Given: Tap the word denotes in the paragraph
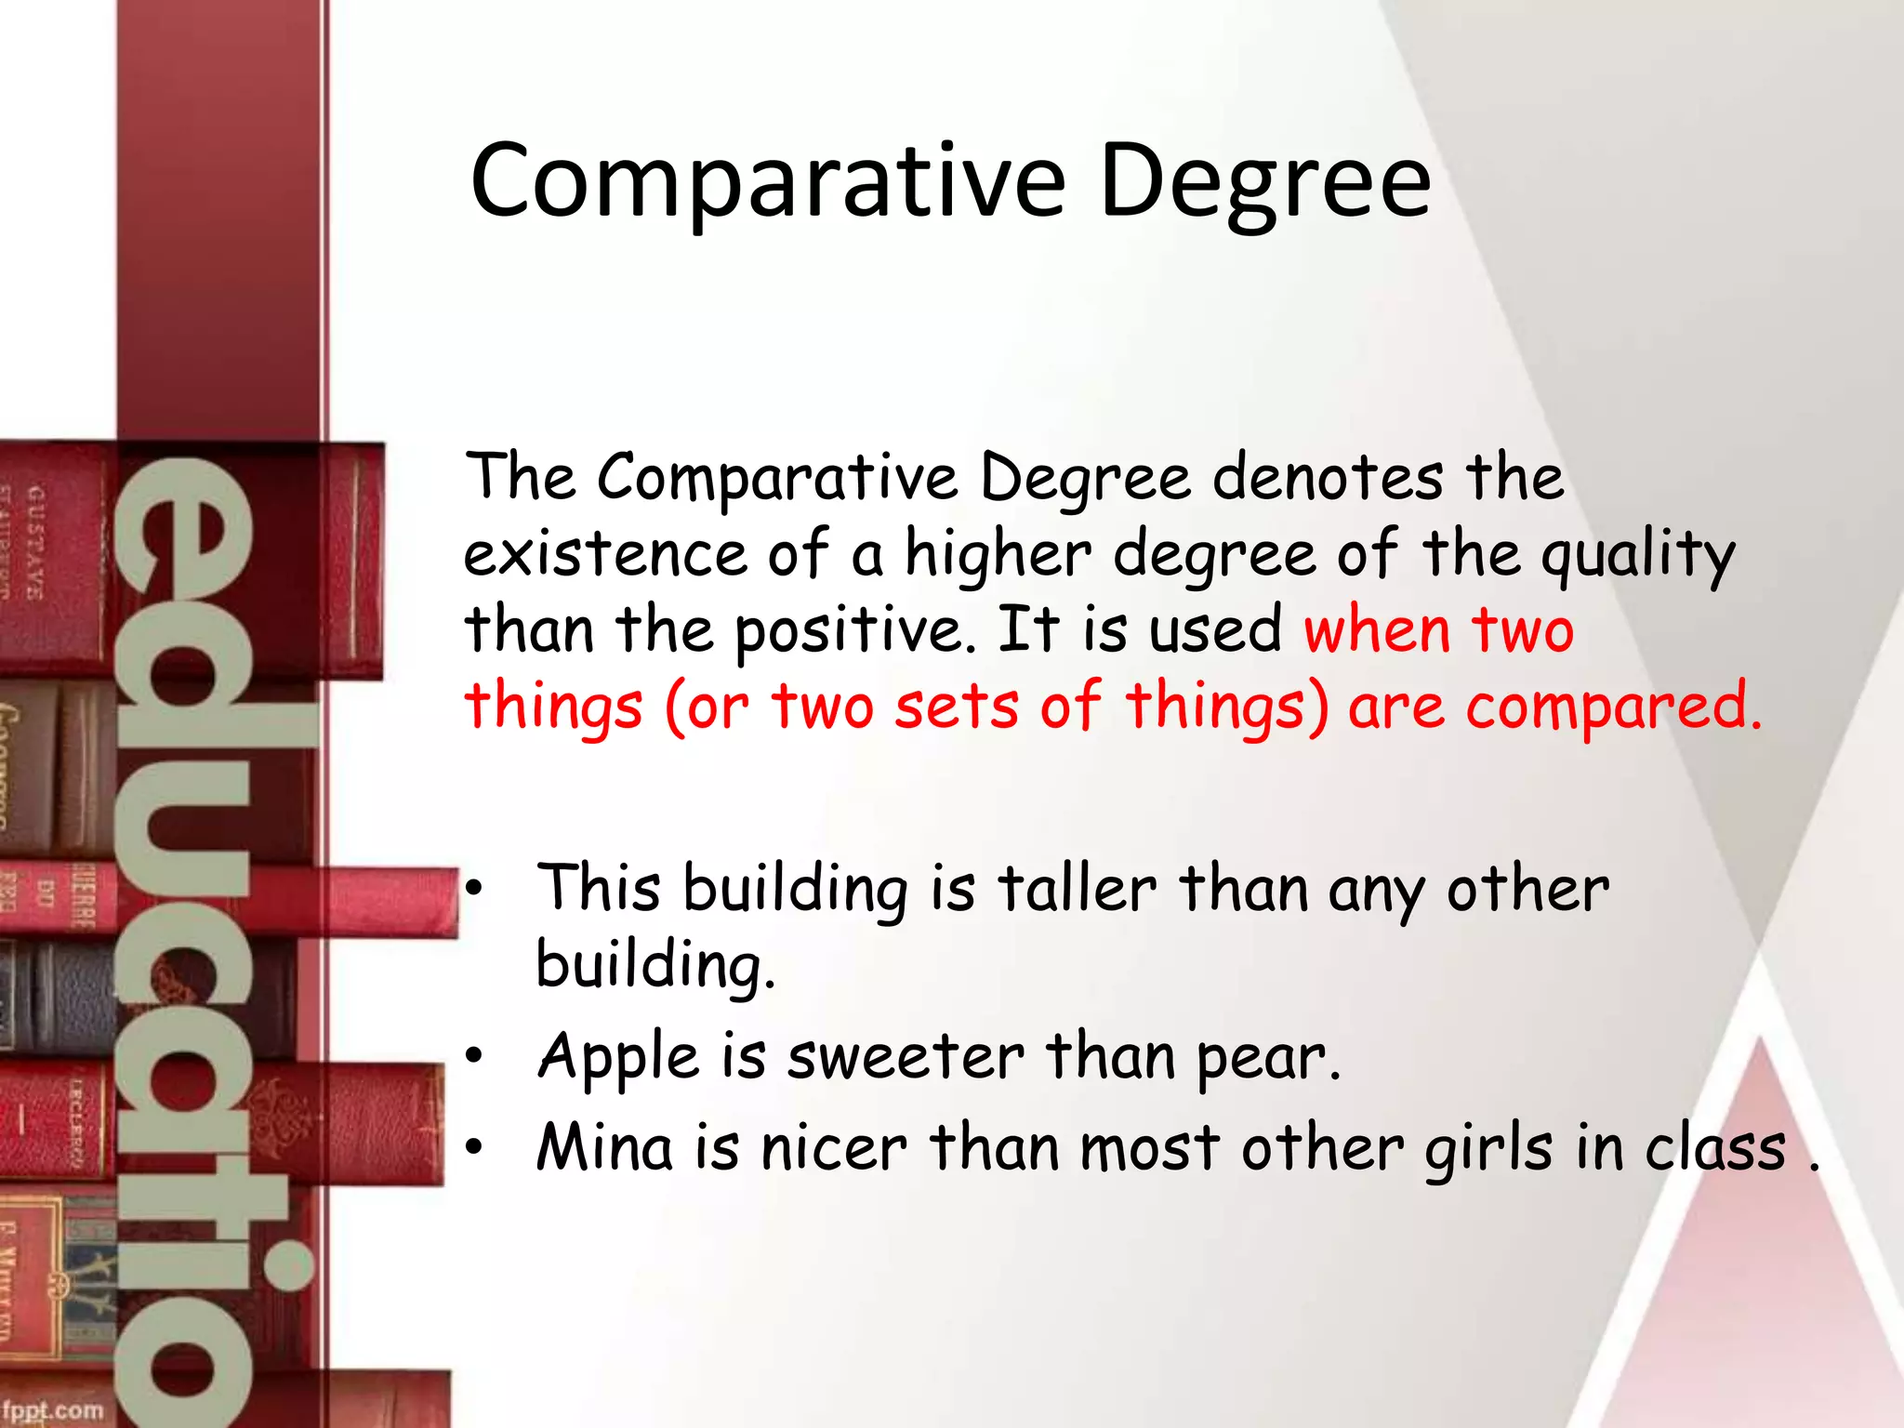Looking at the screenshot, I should tap(1328, 478).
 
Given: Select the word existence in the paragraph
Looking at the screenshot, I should tap(605, 554).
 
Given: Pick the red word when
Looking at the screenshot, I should tap(1377, 630).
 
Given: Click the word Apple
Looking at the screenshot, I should tap(617, 1058).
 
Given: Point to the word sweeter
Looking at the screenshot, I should tap(906, 1058).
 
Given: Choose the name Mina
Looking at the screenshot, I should tap(604, 1147).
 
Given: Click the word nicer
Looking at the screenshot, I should tap(833, 1149).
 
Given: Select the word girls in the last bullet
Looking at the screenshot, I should tap(1488, 1149).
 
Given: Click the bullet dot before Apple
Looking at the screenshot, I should tap(475, 1056).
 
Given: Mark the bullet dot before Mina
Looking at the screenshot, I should tap(475, 1147).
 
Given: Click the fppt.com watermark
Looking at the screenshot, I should tap(53, 1409).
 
